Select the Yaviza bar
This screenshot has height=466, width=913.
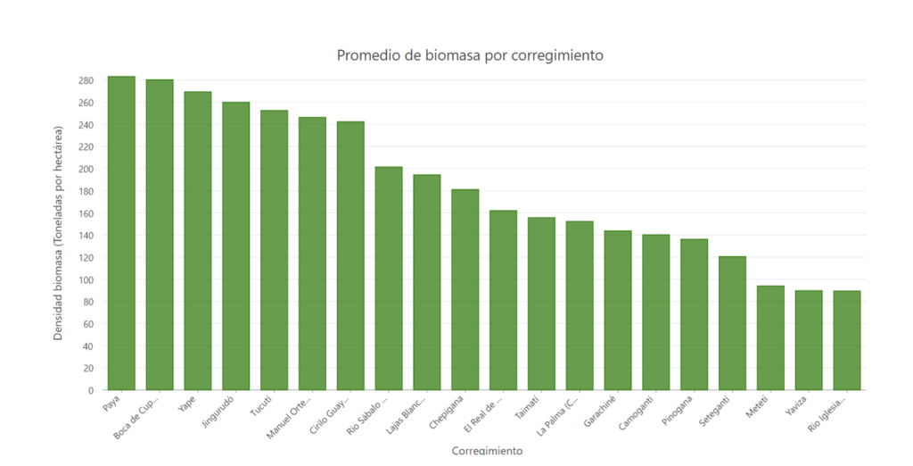(x=809, y=340)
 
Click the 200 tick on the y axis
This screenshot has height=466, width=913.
(x=86, y=170)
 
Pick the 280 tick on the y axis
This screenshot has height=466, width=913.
(x=86, y=80)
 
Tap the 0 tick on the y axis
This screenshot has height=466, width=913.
(x=90, y=391)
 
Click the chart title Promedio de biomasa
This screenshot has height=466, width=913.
(x=470, y=55)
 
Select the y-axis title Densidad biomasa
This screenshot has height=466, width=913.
(x=58, y=233)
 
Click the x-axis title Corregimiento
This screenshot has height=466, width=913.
(x=487, y=451)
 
